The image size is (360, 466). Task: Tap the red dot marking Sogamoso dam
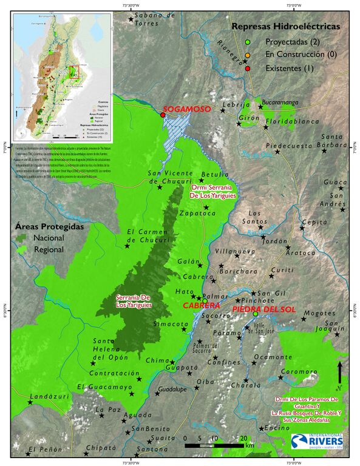click(163, 115)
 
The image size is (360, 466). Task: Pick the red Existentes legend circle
click(247, 69)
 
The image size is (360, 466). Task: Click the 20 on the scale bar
click(243, 437)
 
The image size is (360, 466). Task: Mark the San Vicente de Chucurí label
click(172, 177)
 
